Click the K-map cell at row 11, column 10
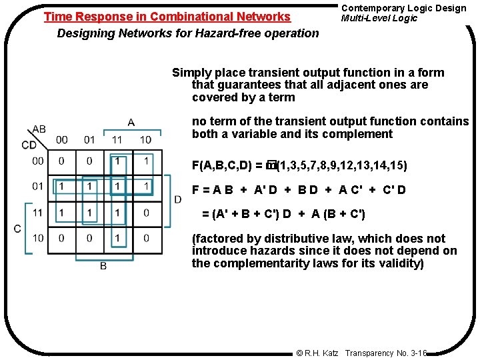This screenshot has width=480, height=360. pos(146,213)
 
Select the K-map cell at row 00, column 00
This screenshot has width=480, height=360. pos(61,161)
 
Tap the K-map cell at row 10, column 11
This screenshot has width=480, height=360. pos(118,238)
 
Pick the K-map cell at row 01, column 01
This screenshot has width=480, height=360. pos(89,187)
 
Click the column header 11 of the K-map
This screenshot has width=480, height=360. pos(117,139)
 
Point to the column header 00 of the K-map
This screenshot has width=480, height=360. pos(61,139)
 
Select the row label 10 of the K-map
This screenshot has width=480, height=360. pos(38,238)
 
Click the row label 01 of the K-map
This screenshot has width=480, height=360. pos(38,187)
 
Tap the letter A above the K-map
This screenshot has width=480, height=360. pos(131,122)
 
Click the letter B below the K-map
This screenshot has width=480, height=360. pos(103,266)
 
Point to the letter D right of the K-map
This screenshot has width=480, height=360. pos(177,199)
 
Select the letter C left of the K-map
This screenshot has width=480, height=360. pos(17,228)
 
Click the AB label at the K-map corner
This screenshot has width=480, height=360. pos(39,129)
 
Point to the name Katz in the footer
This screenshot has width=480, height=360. pos(331,352)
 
